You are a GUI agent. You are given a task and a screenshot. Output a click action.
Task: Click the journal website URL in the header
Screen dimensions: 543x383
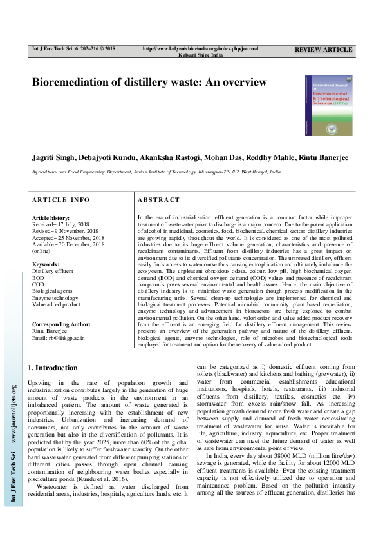tap(200, 48)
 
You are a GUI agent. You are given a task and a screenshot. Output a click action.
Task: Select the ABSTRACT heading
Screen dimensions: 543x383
tap(159, 200)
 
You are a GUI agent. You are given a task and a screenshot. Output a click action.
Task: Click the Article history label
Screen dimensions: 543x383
tap(51, 218)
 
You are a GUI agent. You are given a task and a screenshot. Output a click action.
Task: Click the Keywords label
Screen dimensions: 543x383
tap(45, 264)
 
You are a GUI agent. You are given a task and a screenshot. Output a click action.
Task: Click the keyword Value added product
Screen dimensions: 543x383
tap(56, 304)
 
